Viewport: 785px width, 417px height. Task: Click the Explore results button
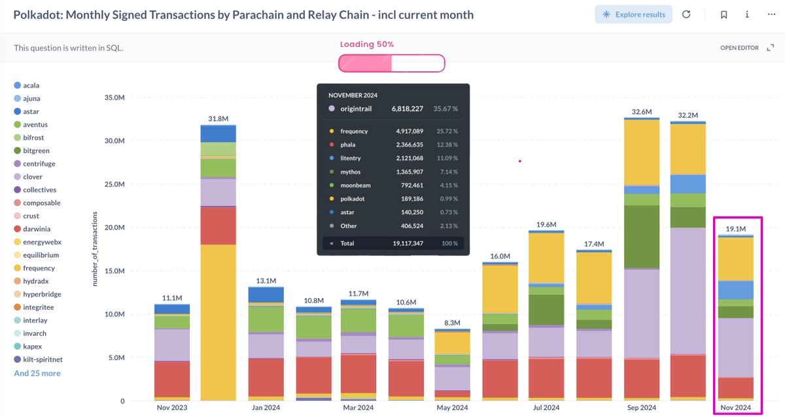(x=633, y=14)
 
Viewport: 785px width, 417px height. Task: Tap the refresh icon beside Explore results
(x=686, y=14)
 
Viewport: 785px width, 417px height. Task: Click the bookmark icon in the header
(x=724, y=14)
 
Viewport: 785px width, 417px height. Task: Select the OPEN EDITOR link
(x=739, y=48)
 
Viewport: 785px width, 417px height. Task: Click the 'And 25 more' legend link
(x=37, y=373)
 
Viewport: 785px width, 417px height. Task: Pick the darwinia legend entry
(x=32, y=229)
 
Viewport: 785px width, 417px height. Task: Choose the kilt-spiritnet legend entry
(x=38, y=359)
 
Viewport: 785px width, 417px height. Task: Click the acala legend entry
(x=27, y=85)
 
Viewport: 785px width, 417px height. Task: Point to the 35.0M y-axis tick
(x=114, y=97)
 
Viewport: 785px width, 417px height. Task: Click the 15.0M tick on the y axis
(x=114, y=271)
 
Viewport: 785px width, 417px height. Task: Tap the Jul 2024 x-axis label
(x=546, y=408)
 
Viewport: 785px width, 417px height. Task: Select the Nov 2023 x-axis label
(x=171, y=408)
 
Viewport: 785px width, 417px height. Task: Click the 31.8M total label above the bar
(x=218, y=119)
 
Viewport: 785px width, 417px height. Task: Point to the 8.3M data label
(x=452, y=323)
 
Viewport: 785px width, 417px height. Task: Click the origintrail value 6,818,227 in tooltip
(x=407, y=108)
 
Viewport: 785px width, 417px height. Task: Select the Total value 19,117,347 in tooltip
(x=408, y=243)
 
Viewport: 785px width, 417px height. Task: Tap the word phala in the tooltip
(x=347, y=144)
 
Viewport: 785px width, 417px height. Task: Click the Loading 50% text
(x=367, y=44)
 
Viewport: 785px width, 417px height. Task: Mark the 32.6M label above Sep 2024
(x=642, y=112)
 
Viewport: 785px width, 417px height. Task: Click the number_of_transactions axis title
(x=95, y=248)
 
